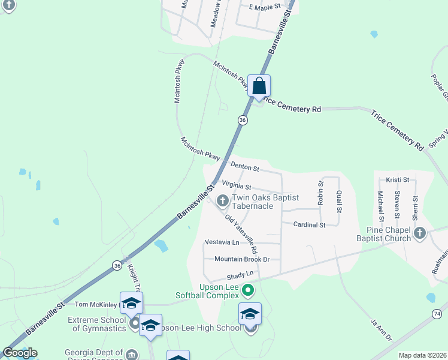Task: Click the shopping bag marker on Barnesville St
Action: click(259, 86)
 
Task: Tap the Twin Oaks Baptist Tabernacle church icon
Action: click(222, 200)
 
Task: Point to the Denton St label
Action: click(244, 167)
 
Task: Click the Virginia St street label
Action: click(236, 187)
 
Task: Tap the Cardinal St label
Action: click(309, 225)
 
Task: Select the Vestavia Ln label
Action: click(222, 242)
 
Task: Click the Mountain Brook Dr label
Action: click(243, 259)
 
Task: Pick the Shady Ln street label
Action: click(241, 275)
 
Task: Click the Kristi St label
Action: click(397, 179)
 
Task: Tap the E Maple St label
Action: click(265, 7)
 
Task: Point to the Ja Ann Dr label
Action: click(380, 330)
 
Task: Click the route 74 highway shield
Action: click(437, 314)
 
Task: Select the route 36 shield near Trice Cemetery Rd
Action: click(242, 120)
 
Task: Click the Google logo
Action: click(20, 353)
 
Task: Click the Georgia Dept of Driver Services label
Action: click(94, 355)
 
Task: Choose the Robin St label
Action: click(320, 193)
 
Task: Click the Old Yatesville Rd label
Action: click(241, 233)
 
